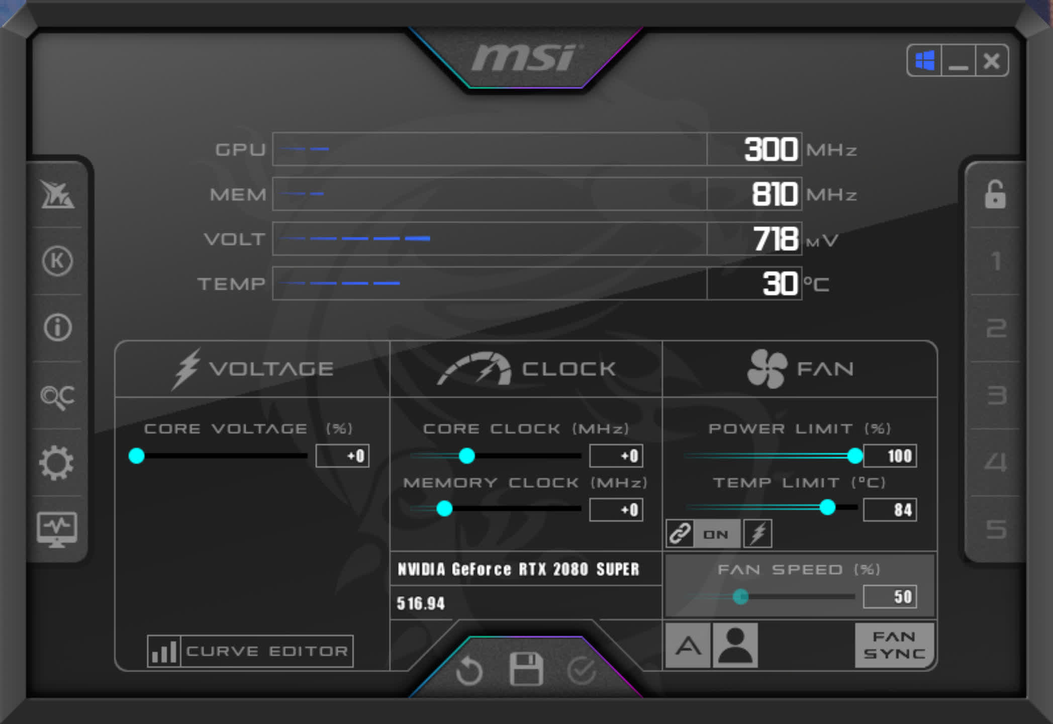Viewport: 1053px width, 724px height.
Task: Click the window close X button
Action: point(991,61)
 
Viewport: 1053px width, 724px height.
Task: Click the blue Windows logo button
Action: point(925,61)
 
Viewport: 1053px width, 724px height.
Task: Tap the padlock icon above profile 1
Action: point(995,195)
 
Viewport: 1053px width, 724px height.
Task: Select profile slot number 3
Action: point(996,395)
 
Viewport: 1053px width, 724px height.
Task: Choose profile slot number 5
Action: point(996,529)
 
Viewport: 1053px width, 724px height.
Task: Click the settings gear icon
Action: point(57,463)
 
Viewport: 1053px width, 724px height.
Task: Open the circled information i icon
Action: point(58,328)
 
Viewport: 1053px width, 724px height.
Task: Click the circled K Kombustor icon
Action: point(57,261)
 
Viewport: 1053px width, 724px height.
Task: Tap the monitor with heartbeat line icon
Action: point(57,529)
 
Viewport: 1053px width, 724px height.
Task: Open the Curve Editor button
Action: point(250,651)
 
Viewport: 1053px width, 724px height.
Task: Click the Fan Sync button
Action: point(894,645)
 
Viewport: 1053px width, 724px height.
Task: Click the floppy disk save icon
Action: point(526,669)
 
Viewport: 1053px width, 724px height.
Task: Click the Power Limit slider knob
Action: point(854,456)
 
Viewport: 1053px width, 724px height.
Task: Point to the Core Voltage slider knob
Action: point(136,456)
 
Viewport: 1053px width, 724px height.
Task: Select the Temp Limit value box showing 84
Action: point(890,510)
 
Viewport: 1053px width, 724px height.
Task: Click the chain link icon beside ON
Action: point(680,533)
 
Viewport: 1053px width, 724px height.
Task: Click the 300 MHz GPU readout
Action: point(770,149)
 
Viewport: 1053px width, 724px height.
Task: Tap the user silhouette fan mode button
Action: point(735,645)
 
